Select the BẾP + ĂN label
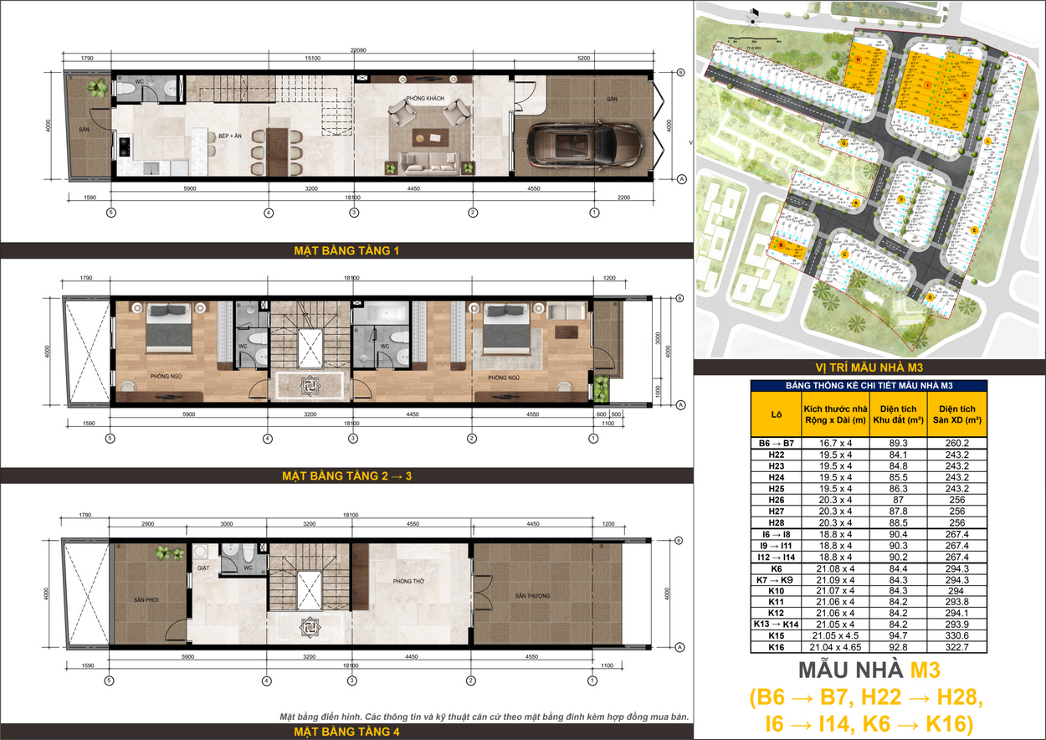230,134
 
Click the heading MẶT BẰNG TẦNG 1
346,249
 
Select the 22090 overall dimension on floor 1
361,51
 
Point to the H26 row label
776,501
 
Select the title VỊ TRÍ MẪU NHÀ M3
869,366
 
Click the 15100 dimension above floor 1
313,59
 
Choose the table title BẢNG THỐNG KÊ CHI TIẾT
869,385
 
